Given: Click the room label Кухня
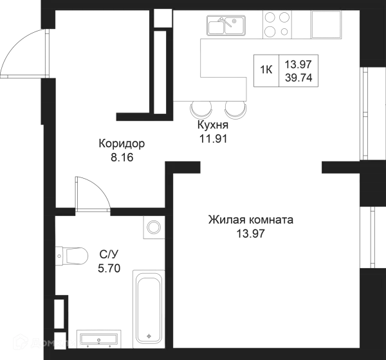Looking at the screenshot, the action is (x=213, y=125).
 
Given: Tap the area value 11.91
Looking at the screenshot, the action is (x=213, y=139).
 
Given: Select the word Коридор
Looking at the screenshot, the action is (x=122, y=144).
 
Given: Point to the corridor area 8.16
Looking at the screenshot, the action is (x=122, y=157).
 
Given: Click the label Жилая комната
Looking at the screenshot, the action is (x=251, y=220).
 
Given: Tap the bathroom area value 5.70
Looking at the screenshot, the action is (x=109, y=269).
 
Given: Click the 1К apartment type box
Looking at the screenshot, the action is (x=266, y=71).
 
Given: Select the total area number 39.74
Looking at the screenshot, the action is (x=299, y=78).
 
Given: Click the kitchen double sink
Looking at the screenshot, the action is (x=226, y=25).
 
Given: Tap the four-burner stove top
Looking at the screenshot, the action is (x=277, y=24).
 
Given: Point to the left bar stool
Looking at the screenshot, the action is (x=201, y=111).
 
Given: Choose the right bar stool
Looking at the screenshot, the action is (x=235, y=111).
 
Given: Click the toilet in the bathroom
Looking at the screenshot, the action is (x=71, y=256).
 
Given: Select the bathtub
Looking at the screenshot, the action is (x=149, y=309).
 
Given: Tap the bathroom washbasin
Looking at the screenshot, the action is (x=98, y=339).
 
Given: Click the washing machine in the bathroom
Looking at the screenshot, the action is (x=154, y=227).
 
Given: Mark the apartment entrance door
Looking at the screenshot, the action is (x=25, y=53).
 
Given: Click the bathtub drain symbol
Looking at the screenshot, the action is (x=149, y=336).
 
